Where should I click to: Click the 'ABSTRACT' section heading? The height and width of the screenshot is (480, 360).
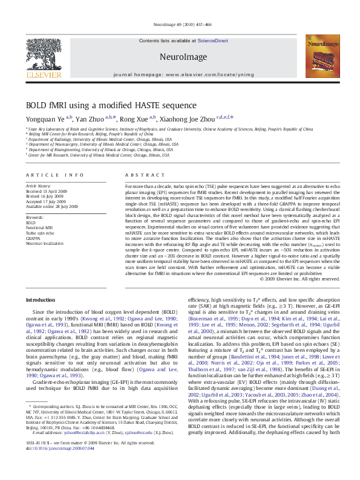tap(140, 175)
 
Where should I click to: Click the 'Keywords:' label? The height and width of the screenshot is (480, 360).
tap(34, 217)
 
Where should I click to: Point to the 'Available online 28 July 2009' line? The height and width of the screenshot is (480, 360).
tap(51, 206)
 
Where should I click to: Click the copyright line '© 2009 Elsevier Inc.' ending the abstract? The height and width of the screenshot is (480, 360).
tap(299, 279)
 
